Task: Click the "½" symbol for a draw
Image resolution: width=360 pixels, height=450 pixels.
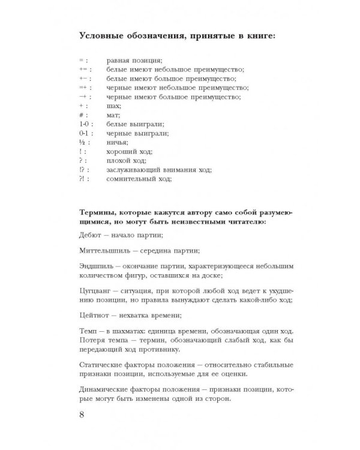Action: (x=83, y=142)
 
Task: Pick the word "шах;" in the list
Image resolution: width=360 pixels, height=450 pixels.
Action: (x=113, y=105)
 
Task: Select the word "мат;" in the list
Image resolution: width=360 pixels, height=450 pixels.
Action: (x=113, y=114)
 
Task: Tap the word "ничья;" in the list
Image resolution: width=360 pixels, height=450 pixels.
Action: (x=118, y=142)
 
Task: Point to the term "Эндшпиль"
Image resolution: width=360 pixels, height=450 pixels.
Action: (x=97, y=266)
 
